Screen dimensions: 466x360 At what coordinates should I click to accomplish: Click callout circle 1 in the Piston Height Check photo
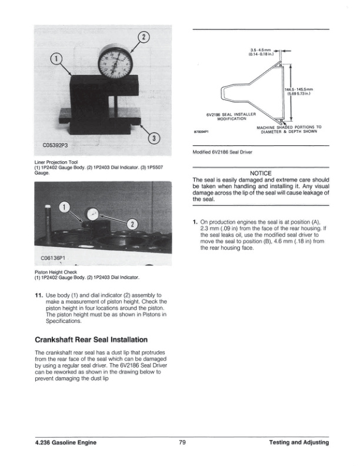66,207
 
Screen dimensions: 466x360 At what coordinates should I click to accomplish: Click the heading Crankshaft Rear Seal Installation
91,340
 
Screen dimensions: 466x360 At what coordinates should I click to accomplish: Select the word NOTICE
260,173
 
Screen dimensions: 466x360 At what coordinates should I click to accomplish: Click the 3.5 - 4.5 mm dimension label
261,52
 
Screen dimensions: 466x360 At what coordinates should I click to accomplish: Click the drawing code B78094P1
202,132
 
